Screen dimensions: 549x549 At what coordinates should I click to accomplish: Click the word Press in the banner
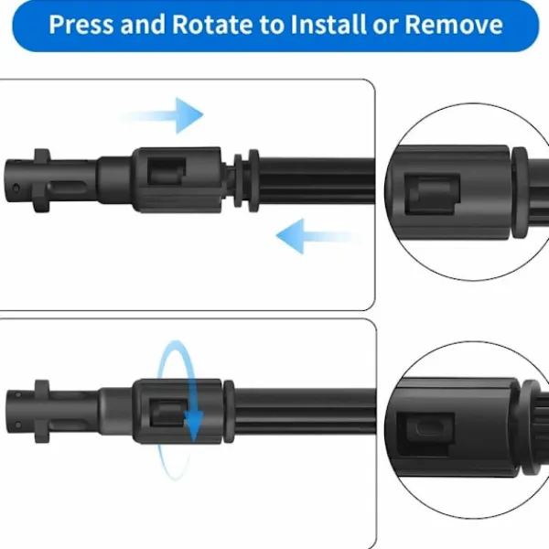[81, 24]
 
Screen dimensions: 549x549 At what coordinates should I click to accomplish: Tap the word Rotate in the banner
[212, 24]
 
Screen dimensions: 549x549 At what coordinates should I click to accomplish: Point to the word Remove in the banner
[454, 24]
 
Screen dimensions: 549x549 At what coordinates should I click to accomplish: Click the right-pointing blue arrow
[163, 115]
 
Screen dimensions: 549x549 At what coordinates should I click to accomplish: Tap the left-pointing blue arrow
[318, 236]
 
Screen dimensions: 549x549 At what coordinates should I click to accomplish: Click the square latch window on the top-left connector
[167, 171]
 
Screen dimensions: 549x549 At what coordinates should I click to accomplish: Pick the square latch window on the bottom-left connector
[168, 414]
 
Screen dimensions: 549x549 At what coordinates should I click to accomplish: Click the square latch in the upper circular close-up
[432, 194]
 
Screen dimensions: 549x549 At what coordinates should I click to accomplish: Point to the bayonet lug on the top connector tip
[41, 180]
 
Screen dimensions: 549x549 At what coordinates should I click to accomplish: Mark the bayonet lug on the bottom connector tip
[42, 412]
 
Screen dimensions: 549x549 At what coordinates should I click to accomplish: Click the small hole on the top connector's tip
[16, 188]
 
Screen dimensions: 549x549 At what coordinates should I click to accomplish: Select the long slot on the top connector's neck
[67, 187]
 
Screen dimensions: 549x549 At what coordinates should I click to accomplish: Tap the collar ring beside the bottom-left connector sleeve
[229, 412]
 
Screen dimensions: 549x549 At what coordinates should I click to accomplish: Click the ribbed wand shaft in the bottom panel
[305, 412]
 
